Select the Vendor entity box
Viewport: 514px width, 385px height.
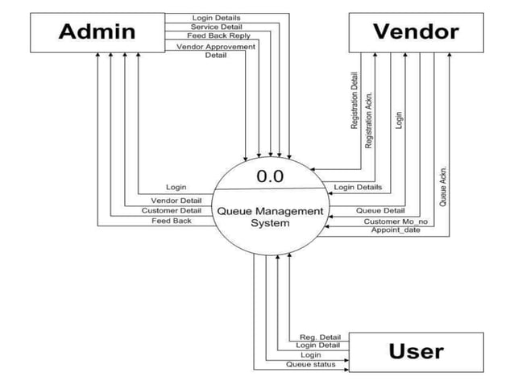pyautogui.click(x=415, y=32)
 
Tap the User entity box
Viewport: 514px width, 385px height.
pyautogui.click(x=415, y=352)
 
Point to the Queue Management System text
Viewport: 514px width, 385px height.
pyautogui.click(x=270, y=217)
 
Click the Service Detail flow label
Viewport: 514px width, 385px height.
pyautogui.click(x=215, y=27)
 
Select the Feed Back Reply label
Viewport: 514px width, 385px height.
pyautogui.click(x=218, y=36)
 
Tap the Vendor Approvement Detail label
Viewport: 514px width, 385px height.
pyautogui.click(x=215, y=51)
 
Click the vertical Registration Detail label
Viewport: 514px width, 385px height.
pyautogui.click(x=354, y=101)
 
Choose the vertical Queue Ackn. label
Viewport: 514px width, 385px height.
pyautogui.click(x=443, y=185)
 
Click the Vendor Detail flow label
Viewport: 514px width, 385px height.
pyautogui.click(x=176, y=200)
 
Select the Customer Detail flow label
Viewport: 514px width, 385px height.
pyautogui.click(x=172, y=210)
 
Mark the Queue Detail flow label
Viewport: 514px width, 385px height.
pyautogui.click(x=380, y=210)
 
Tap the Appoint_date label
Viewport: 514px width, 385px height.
pyautogui.click(x=396, y=230)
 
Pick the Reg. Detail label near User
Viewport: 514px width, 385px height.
pyautogui.click(x=320, y=337)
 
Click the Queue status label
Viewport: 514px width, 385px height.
pyautogui.click(x=311, y=364)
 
